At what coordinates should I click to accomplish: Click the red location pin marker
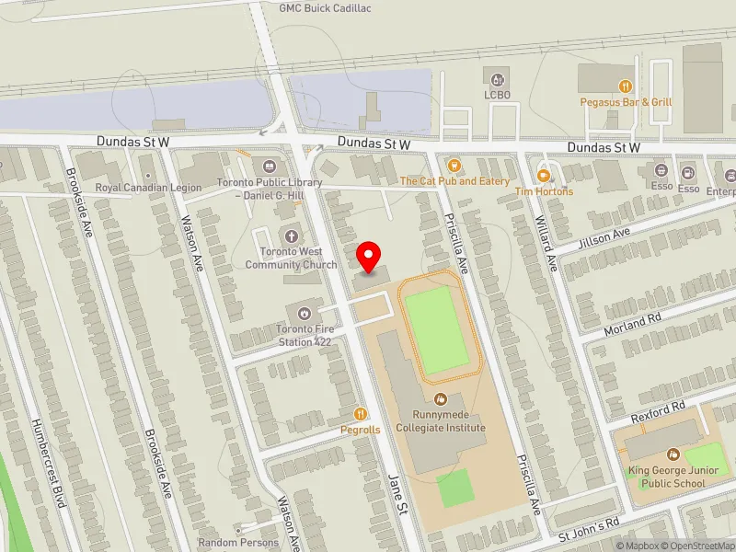tap(369, 256)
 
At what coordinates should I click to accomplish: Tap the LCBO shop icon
tap(498, 80)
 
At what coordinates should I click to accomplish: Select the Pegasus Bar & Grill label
tap(627, 102)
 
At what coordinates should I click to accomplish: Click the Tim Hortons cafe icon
tap(544, 175)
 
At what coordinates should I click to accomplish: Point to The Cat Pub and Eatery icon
tap(454, 166)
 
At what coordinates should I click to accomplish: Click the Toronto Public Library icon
tap(270, 167)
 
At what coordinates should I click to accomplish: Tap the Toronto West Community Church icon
tap(292, 236)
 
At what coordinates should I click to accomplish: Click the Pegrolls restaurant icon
tap(361, 414)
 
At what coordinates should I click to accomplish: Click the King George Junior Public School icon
tap(673, 454)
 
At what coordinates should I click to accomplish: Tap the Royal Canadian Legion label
tap(148, 187)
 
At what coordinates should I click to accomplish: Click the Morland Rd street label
tap(633, 324)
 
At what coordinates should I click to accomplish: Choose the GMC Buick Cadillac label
tap(326, 8)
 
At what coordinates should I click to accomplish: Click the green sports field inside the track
tap(435, 329)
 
